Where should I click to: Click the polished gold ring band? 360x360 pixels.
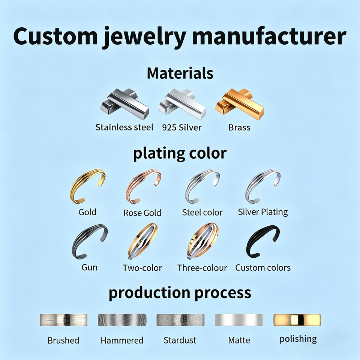pos(297,320)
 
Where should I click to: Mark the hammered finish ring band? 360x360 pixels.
pos(122,320)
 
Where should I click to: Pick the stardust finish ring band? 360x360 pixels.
pos(180,320)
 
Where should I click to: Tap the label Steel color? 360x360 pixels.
pos(202,212)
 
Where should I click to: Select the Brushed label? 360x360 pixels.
pos(63,340)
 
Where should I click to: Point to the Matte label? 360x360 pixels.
pos(239,340)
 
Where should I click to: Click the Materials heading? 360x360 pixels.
pos(180,73)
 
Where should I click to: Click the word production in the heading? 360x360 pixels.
pos(150,293)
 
